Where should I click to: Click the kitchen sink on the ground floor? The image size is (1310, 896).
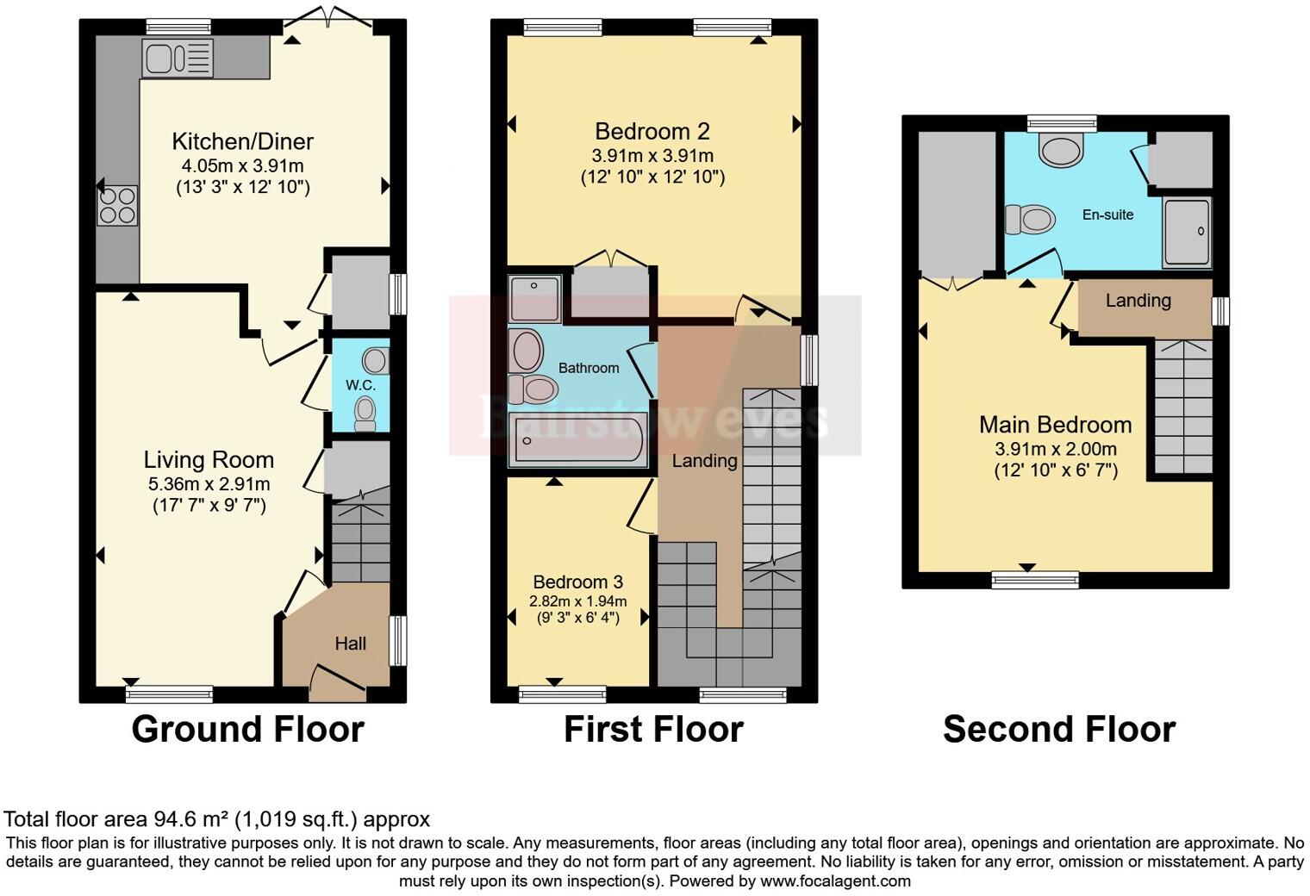pyautogui.click(x=178, y=58)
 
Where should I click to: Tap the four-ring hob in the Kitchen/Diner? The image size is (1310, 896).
pyautogui.click(x=117, y=206)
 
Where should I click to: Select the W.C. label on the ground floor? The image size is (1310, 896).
pyautogui.click(x=360, y=385)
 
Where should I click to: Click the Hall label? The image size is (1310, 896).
pyautogui.click(x=350, y=644)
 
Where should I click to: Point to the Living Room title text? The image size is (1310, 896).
pyautogui.click(x=209, y=460)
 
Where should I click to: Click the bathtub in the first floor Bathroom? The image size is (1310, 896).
pyautogui.click(x=577, y=439)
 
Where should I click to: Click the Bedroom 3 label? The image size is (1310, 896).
pyautogui.click(x=577, y=582)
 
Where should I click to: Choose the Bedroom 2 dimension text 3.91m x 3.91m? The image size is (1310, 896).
pyautogui.click(x=652, y=156)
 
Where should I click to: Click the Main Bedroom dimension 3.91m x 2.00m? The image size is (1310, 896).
pyautogui.click(x=1056, y=449)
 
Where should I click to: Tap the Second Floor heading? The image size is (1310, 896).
pyautogui.click(x=1059, y=730)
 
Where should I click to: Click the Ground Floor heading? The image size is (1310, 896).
pyautogui.click(x=248, y=730)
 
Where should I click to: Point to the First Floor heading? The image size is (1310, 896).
pyautogui.click(x=654, y=730)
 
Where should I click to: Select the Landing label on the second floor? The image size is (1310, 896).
pyautogui.click(x=1138, y=301)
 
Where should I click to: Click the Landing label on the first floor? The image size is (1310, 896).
pyautogui.click(x=704, y=461)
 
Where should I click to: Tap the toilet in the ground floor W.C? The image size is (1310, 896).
pyautogui.click(x=365, y=413)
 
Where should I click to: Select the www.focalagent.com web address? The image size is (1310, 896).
pyautogui.click(x=836, y=880)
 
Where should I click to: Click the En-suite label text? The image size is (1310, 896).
pyautogui.click(x=1107, y=215)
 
